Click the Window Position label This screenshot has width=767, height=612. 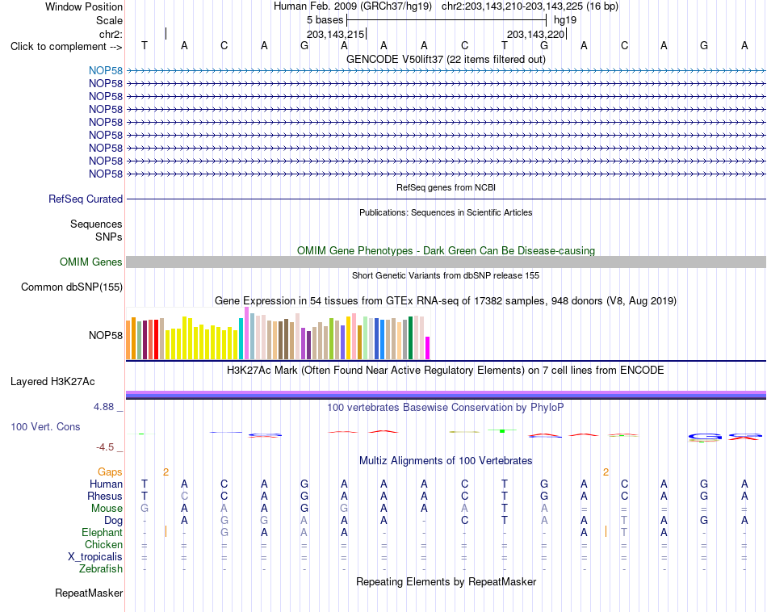pos(84,6)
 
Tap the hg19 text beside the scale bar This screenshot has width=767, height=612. pos(565,20)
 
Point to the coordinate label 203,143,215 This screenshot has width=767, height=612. pos(336,34)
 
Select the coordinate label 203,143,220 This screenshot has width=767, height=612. pos(535,34)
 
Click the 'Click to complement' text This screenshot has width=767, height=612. pos(58,47)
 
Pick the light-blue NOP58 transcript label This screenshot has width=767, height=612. pos(106,70)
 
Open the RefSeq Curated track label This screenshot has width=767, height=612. pos(86,199)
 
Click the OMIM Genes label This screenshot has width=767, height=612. pos(91,262)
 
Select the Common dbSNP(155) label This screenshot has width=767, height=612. pos(72,287)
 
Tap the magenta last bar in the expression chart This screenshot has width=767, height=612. pos(428,348)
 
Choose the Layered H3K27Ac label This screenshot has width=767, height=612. pos(52,382)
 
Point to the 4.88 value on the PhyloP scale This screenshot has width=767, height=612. pos(103,407)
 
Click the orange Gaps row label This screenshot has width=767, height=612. pos(110,472)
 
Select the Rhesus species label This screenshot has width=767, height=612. pos(105,496)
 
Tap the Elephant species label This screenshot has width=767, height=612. pos(103,532)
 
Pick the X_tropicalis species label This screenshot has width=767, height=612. pos(95,557)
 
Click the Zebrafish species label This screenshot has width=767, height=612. pos(101,569)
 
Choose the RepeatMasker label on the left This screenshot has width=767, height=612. pos(89,593)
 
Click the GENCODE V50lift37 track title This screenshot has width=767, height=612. pos(446,59)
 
